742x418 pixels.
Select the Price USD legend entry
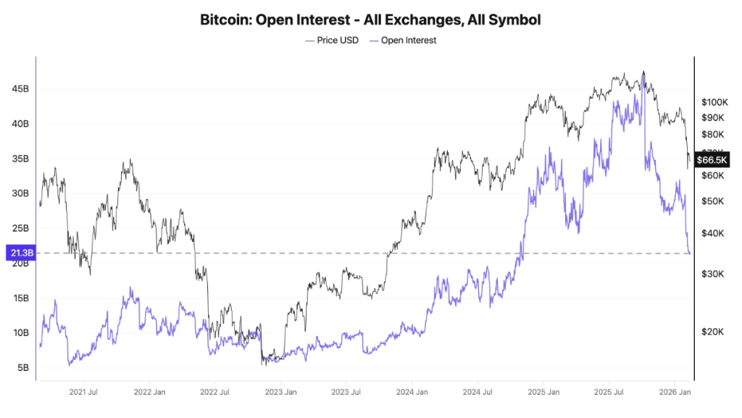click(x=333, y=41)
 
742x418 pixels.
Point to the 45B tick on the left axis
click(x=20, y=89)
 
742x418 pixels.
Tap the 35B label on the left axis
click(x=20, y=159)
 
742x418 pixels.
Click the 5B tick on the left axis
click(x=22, y=367)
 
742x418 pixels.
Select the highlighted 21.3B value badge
click(x=17, y=253)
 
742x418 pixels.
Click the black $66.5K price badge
click(x=712, y=159)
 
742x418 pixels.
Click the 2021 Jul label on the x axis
click(x=82, y=393)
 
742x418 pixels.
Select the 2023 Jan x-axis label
click(x=280, y=393)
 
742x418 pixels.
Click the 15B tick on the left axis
click(x=20, y=298)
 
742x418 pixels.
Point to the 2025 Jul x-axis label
click(x=608, y=393)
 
